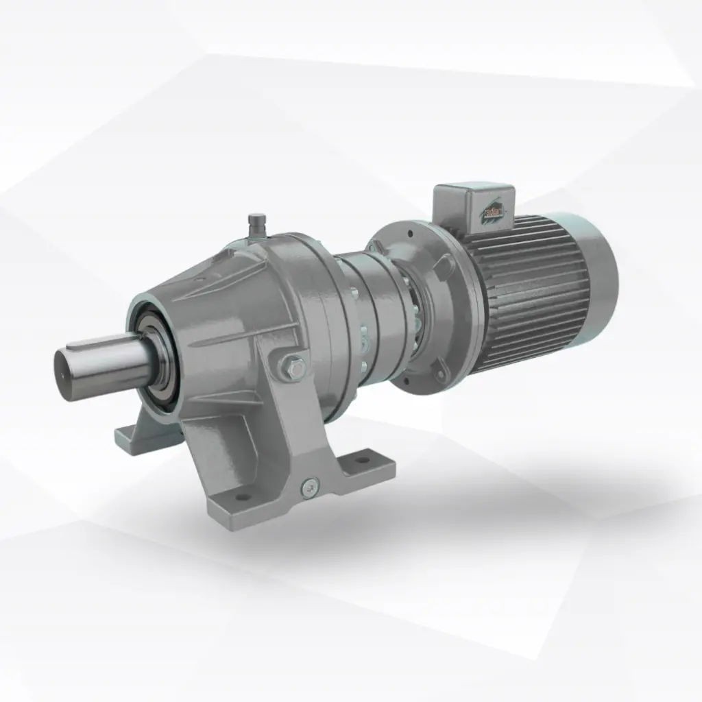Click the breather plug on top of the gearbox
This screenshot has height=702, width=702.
tap(256, 224)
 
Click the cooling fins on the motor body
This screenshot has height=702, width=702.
tap(528, 295)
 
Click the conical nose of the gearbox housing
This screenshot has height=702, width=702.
tap(206, 302)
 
